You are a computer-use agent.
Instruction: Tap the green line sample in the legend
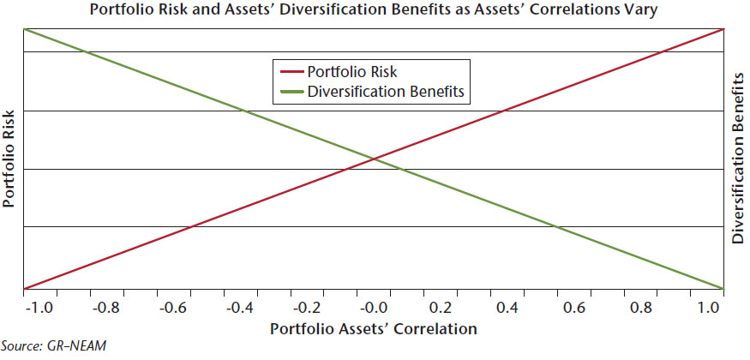pos(289,89)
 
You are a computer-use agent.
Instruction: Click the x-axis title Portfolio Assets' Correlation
pos(374,328)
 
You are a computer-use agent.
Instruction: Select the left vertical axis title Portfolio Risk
pos(9,158)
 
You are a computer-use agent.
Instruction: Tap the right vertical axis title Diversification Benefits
pos(738,158)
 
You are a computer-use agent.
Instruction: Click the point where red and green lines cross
pos(374,158)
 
